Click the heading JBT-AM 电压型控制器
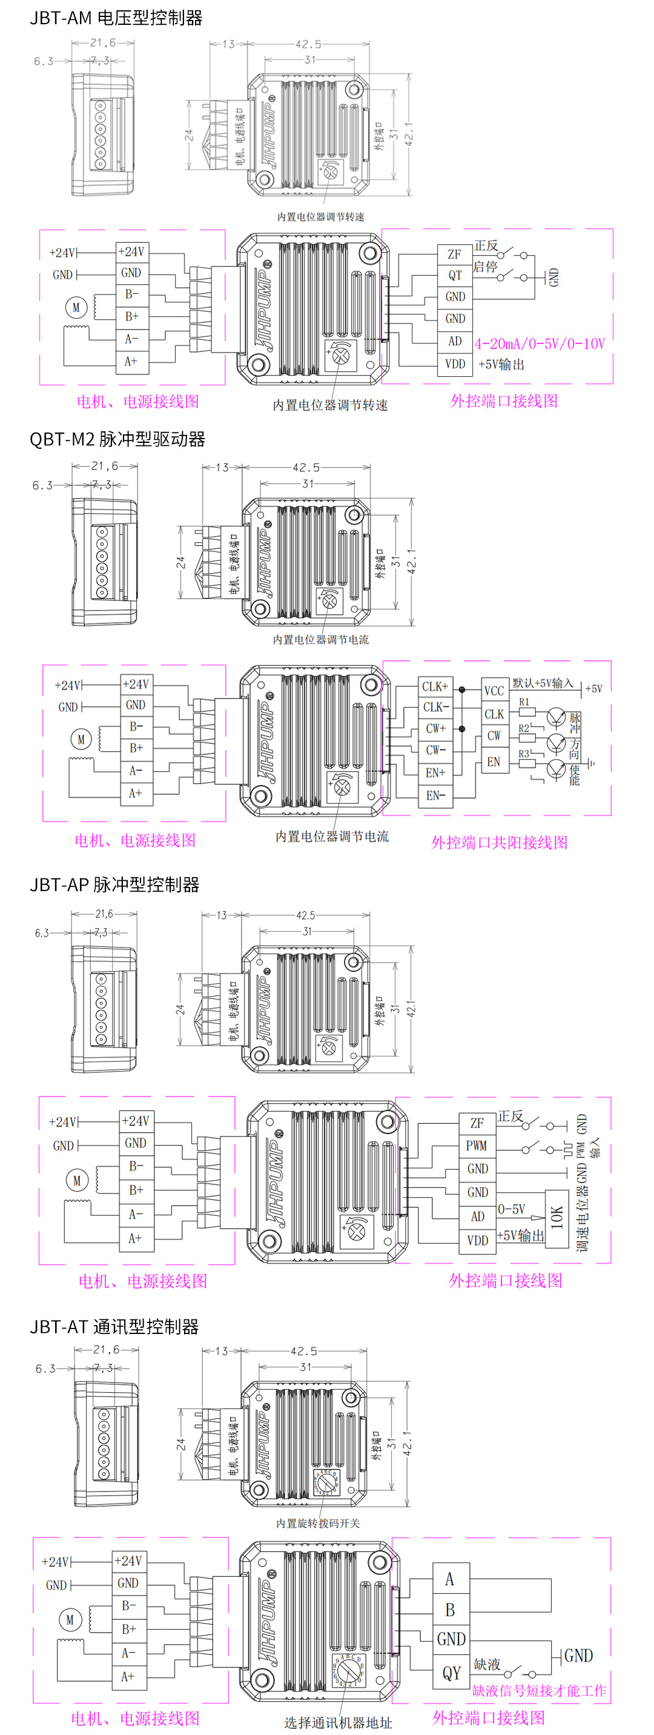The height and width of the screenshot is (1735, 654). click(x=116, y=18)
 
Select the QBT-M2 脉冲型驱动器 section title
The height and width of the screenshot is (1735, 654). click(x=117, y=440)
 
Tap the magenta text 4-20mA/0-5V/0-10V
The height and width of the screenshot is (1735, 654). click(x=540, y=344)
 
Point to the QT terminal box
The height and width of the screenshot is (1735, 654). click(x=455, y=276)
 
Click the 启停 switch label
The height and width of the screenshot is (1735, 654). click(x=485, y=267)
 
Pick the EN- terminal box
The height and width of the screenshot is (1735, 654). click(x=435, y=795)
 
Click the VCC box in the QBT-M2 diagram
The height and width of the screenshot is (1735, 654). click(x=494, y=691)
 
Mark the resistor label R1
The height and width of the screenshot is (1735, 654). click(x=524, y=702)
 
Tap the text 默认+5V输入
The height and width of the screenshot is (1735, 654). click(x=543, y=683)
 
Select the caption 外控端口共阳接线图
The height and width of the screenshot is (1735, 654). click(x=499, y=843)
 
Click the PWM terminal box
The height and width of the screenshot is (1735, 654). click(x=476, y=1146)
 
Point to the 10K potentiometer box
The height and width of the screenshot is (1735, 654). click(x=557, y=1218)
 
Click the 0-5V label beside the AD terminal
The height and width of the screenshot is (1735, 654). click(x=511, y=1210)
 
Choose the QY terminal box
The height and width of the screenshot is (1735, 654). click(x=451, y=1673)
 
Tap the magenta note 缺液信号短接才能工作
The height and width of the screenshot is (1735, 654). click(x=539, y=1691)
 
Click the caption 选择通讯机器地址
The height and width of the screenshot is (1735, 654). click(x=337, y=1722)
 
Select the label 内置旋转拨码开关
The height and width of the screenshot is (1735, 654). click(x=318, y=1523)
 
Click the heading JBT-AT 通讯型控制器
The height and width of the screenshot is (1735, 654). click(x=114, y=1326)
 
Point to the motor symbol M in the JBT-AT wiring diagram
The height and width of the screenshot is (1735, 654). click(x=70, y=1620)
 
